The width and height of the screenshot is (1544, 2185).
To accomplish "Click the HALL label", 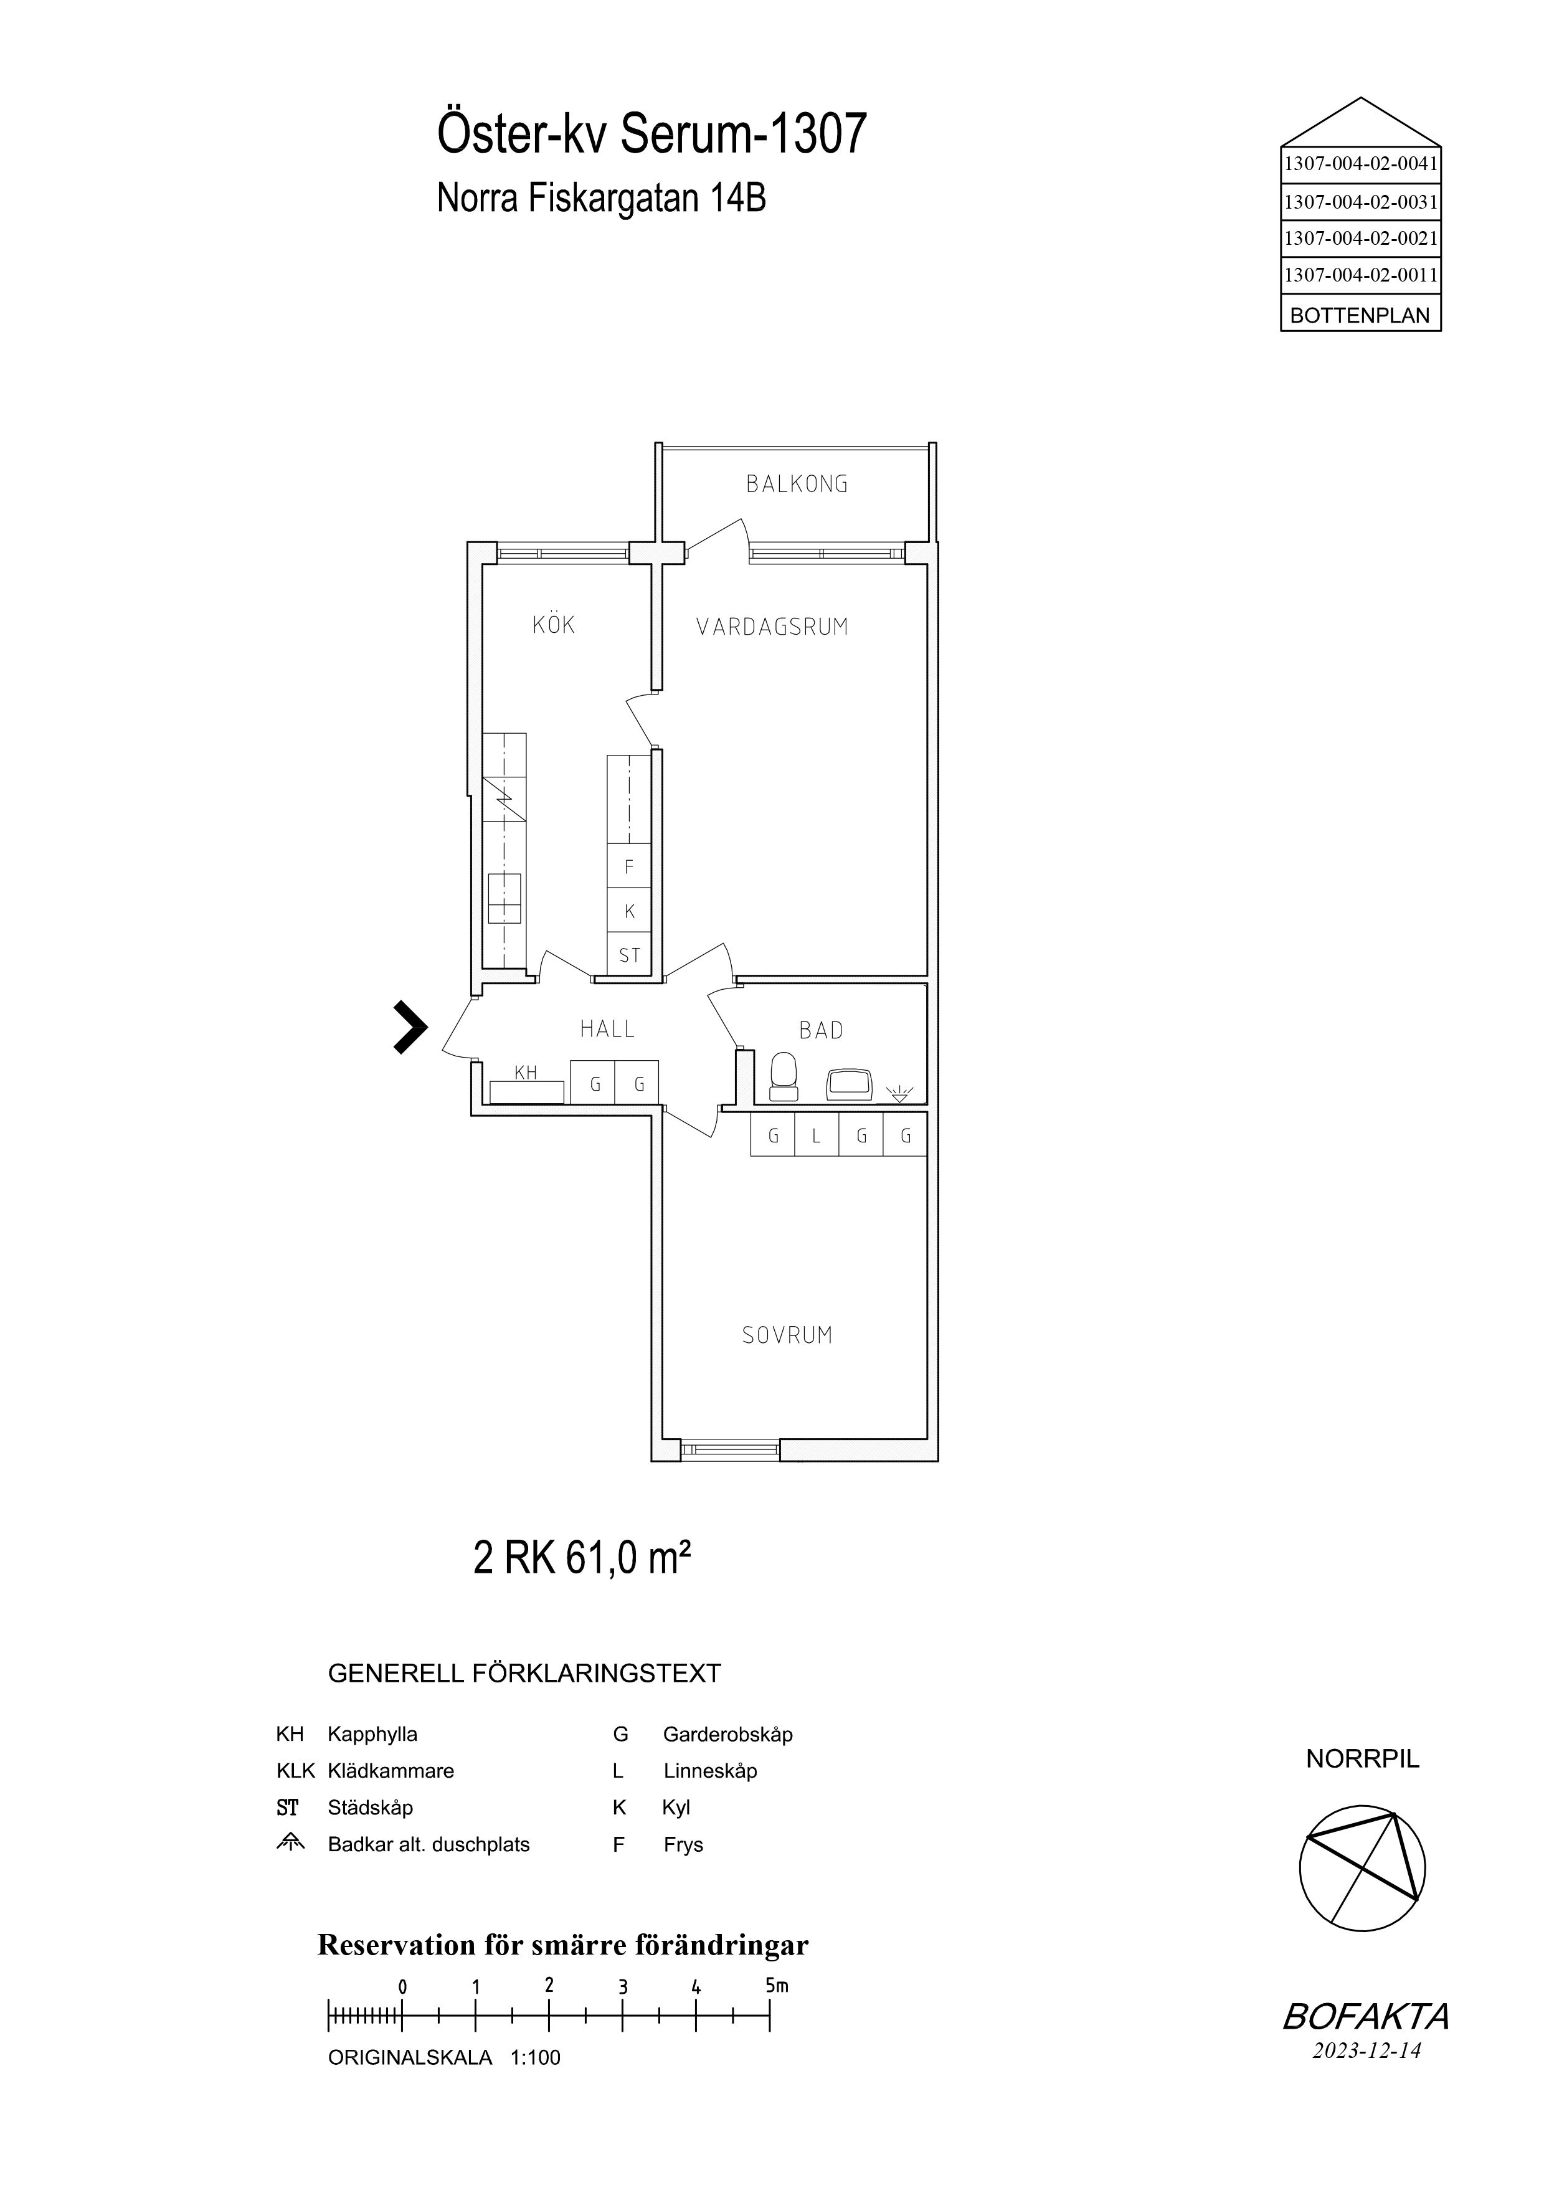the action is pyautogui.click(x=607, y=1029).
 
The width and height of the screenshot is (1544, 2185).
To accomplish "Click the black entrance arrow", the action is pyautogui.click(x=410, y=1028).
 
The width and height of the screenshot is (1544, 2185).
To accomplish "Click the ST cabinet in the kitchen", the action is pyautogui.click(x=629, y=954).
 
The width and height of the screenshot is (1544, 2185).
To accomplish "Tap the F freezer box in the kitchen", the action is pyautogui.click(x=629, y=867).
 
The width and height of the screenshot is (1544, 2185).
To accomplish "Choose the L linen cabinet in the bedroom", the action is pyautogui.click(x=817, y=1134).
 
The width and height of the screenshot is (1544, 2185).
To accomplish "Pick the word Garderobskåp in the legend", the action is pyautogui.click(x=727, y=1734).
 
